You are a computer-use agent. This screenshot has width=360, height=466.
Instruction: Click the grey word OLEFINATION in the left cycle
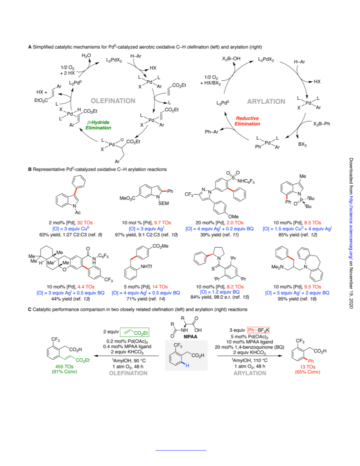pyautogui.click(x=113, y=101)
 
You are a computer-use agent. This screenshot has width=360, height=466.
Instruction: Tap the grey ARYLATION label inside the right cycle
pyautogui.click(x=266, y=101)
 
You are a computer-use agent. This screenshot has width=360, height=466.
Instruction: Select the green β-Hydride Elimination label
pyautogui.click(x=98, y=125)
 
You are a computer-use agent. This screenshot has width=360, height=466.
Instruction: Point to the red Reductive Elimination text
pyautogui.click(x=247, y=121)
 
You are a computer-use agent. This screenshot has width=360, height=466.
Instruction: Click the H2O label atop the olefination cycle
pyautogui.click(x=86, y=56)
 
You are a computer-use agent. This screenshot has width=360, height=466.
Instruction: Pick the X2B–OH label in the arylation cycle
pyautogui.click(x=231, y=59)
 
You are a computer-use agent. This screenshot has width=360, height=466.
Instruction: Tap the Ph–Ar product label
pyautogui.click(x=211, y=132)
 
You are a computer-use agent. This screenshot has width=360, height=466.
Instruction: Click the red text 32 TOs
pyautogui.click(x=85, y=222)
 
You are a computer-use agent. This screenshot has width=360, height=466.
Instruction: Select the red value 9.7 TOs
pyautogui.click(x=162, y=222)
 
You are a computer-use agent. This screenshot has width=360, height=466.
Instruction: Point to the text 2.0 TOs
pyautogui.click(x=235, y=222)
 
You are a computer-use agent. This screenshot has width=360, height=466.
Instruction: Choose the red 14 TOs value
pyautogui.click(x=160, y=287)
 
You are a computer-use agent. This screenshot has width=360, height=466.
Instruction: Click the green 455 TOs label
pyautogui.click(x=64, y=366)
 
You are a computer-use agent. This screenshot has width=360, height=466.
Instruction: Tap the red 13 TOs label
pyautogui.click(x=307, y=367)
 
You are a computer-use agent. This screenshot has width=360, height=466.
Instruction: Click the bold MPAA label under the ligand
pyautogui.click(x=191, y=337)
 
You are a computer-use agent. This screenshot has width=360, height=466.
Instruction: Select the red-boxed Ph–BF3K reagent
pyautogui.click(x=258, y=330)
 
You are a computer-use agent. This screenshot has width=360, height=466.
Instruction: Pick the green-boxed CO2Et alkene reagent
pyautogui.click(x=135, y=332)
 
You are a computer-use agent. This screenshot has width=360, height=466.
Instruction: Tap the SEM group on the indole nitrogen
pyautogui.click(x=164, y=203)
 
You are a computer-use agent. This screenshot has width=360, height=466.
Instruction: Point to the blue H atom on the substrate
pyautogui.click(x=187, y=365)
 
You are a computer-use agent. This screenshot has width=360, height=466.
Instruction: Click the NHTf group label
pyautogui.click(x=146, y=267)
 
